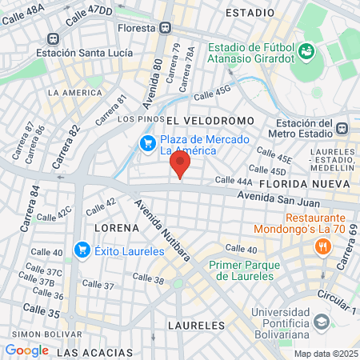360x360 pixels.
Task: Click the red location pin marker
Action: pos(181,166)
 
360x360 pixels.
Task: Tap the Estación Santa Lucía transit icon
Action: pos(54,38)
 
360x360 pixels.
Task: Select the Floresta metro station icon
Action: pos(165,27)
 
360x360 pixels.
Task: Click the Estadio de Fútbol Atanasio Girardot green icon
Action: pos(305,52)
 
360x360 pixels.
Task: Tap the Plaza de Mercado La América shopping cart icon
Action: pos(147,143)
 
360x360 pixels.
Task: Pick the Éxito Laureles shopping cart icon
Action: pos(82,250)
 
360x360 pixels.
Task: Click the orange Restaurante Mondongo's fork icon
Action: pos(323,246)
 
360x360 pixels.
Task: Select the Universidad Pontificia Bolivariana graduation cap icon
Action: pos(321,321)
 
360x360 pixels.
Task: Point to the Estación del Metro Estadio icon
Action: pos(342,128)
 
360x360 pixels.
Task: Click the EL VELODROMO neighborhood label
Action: pos(210,120)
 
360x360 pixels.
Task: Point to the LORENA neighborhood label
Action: pos(118,227)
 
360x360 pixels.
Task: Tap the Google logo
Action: pos(26,350)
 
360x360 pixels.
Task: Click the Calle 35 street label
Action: pos(41,309)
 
